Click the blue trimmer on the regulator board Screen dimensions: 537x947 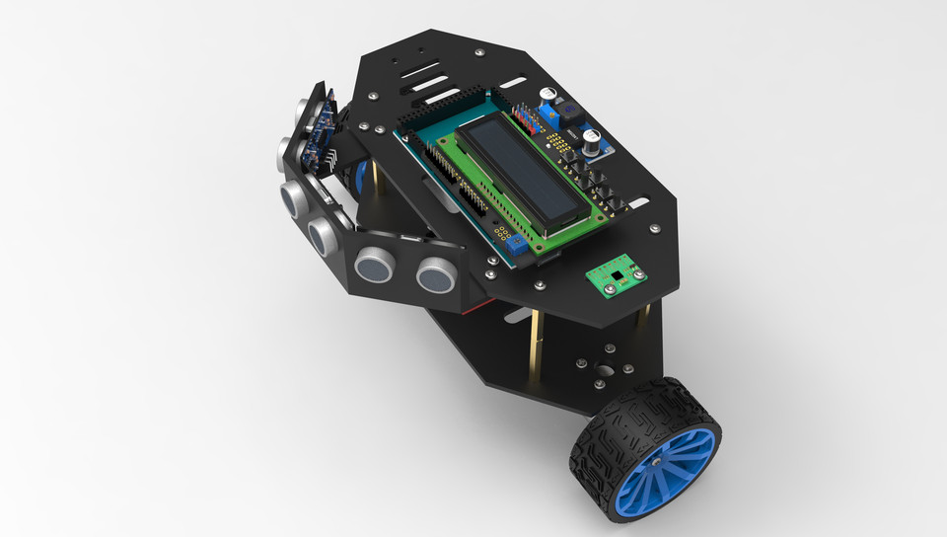547,96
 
